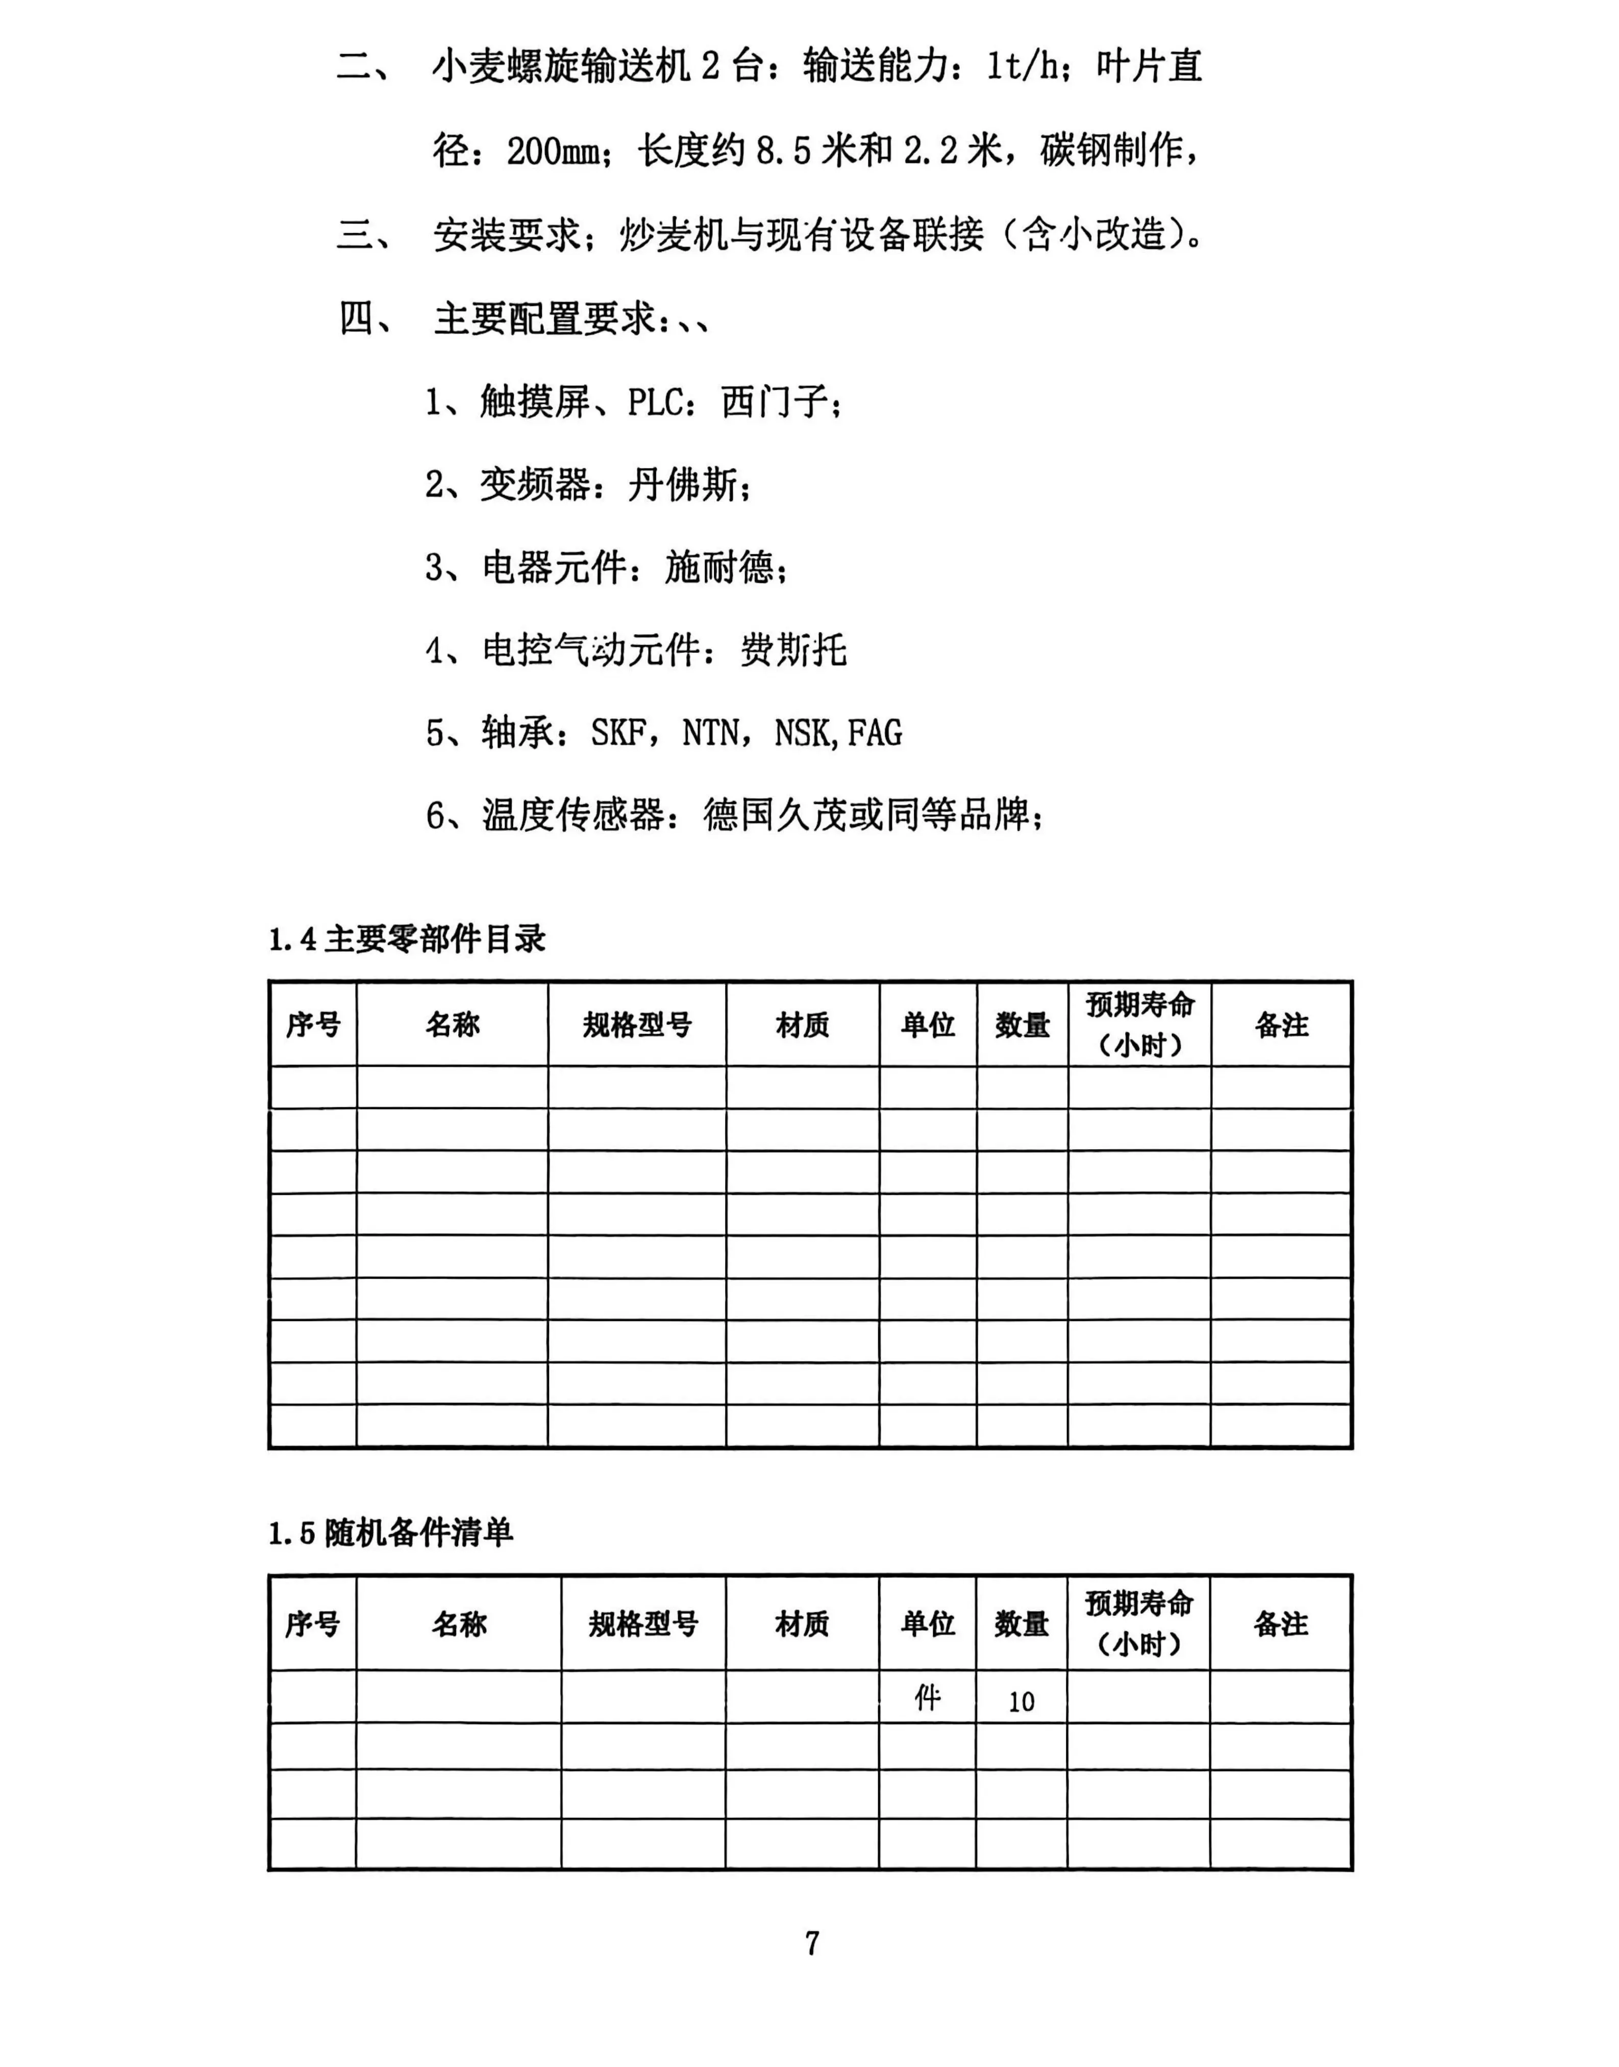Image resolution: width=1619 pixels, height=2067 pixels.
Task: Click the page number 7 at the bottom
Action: (811, 1943)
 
